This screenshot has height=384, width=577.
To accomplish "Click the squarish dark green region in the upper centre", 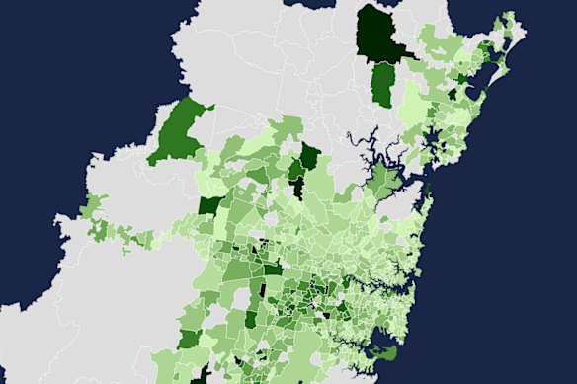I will (309, 157).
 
